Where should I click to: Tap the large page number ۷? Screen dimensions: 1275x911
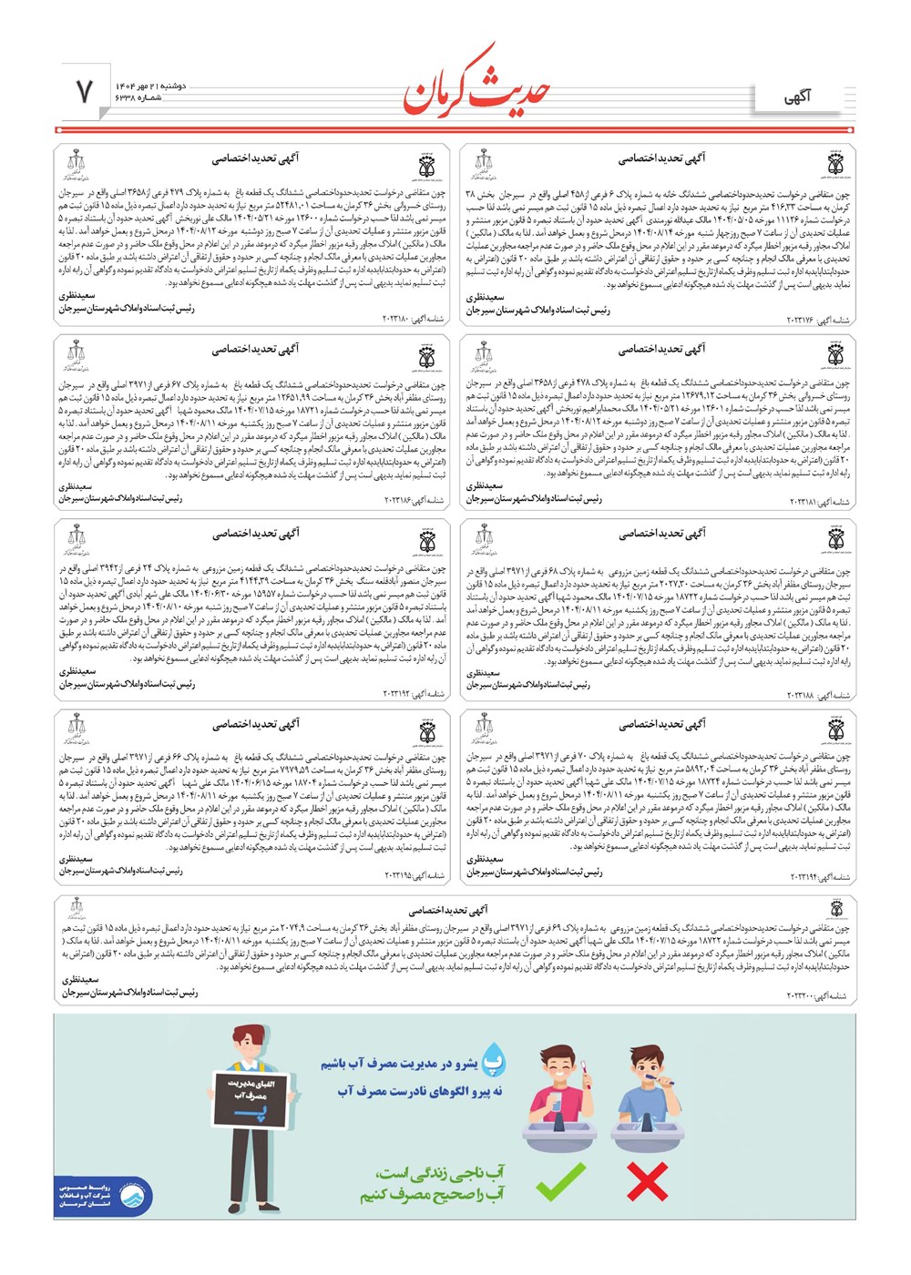pyautogui.click(x=84, y=91)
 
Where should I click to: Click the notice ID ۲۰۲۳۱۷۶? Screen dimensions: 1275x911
pyautogui.click(x=817, y=321)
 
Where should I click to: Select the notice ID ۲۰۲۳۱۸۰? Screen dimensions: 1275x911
pyautogui.click(x=412, y=320)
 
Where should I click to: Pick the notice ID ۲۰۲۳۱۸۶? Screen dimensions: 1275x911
pyautogui.click(x=413, y=501)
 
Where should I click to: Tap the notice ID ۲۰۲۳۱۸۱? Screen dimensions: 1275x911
pyautogui.click(x=818, y=503)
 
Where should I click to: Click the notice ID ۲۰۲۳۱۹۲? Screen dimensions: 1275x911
pyautogui.click(x=413, y=694)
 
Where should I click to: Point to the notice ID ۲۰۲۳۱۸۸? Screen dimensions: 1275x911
pyautogui.click(x=818, y=696)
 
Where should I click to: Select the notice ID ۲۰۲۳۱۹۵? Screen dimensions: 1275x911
pyautogui.click(x=413, y=875)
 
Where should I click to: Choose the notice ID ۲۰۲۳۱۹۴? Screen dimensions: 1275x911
pyautogui.click(x=818, y=877)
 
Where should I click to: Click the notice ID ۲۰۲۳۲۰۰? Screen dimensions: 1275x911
pyautogui.click(x=818, y=996)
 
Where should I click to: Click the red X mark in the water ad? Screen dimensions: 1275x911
pyautogui.click(x=647, y=1181)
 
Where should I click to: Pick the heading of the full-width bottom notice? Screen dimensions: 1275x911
pyautogui.click(x=447, y=910)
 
